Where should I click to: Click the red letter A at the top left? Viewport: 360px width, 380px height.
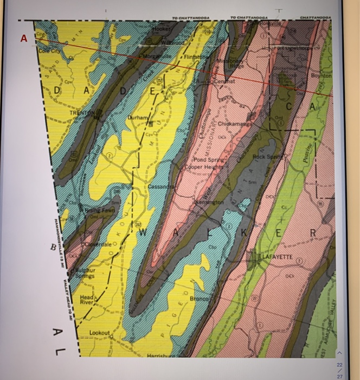23,38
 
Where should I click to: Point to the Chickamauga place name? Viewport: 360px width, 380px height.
233,124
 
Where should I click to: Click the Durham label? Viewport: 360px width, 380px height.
137,117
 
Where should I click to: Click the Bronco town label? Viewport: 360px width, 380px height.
199,299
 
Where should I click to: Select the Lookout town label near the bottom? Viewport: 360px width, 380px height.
100,332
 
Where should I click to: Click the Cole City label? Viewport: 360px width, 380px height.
52,50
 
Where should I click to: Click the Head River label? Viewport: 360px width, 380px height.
87,301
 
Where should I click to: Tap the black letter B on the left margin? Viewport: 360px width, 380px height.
53,247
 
